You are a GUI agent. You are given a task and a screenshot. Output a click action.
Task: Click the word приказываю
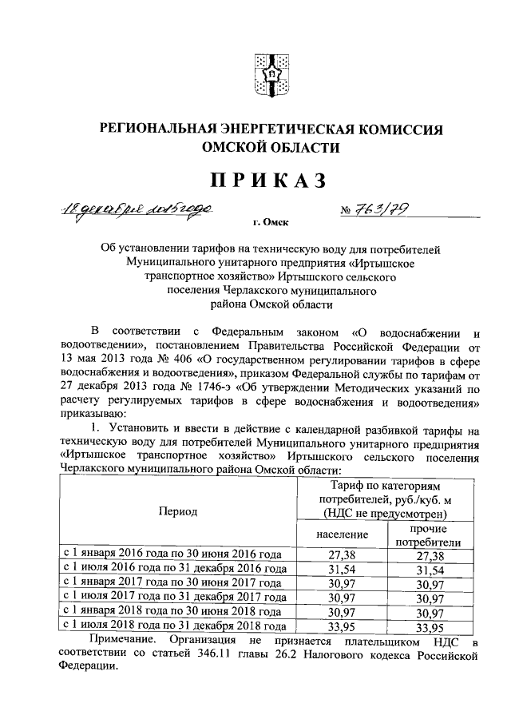(87, 414)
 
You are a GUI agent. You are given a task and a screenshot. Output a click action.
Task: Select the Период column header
(177, 511)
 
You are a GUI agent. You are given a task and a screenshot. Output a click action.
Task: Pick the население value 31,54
(341, 569)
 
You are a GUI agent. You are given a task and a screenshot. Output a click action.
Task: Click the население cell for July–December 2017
(341, 598)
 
